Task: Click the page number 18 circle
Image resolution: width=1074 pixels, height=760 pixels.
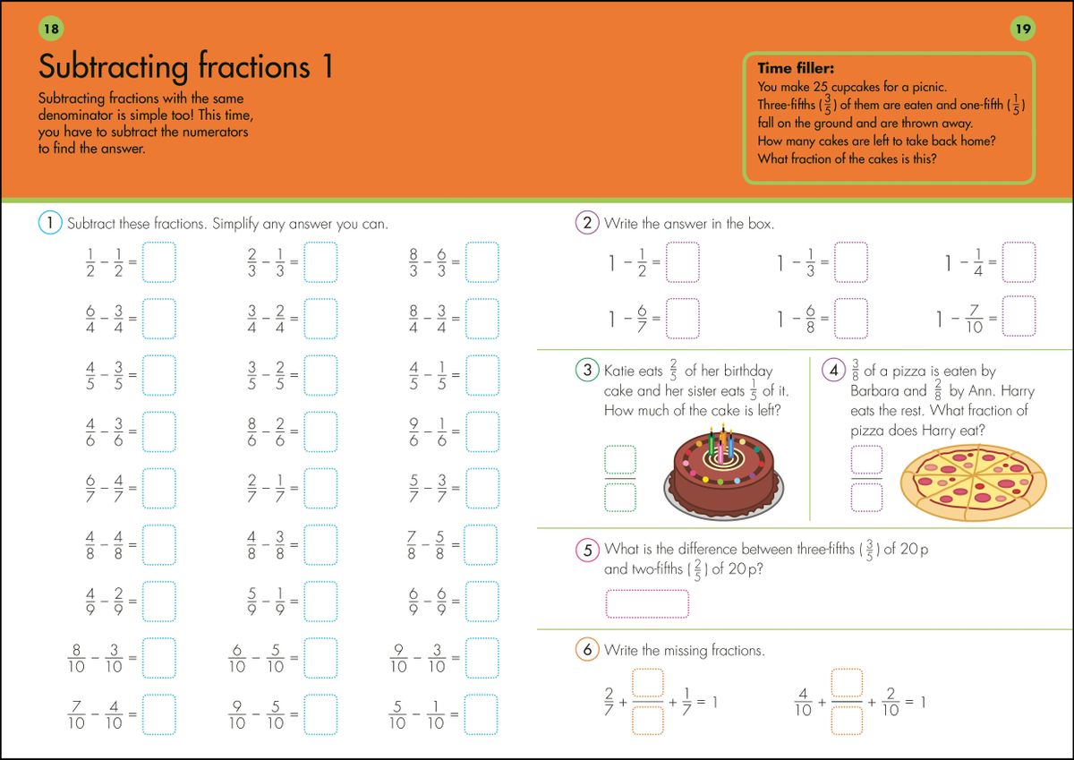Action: coord(51,30)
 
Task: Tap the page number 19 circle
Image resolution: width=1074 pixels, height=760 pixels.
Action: coord(1023,30)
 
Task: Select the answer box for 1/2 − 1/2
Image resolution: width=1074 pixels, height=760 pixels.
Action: coord(159,261)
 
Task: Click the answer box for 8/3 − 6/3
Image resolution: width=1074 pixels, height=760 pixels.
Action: coord(482,261)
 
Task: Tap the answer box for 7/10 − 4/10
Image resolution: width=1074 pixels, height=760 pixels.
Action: coord(159,713)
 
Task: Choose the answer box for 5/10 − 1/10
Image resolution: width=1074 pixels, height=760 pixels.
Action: coord(482,713)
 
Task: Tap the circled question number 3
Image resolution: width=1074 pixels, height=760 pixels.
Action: coord(587,371)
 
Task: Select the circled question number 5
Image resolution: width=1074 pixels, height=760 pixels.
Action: coord(587,550)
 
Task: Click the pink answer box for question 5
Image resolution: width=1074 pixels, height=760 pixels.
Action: coord(647,603)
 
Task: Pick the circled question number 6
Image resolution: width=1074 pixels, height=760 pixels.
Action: coord(587,650)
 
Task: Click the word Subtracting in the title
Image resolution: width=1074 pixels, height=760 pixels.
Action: coord(114,67)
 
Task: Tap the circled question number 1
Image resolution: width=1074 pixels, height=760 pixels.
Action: coord(50,223)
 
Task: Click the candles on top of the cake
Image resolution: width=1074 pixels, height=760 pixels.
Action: coord(722,442)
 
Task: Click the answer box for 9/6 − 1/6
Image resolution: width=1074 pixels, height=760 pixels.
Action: coord(482,431)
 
